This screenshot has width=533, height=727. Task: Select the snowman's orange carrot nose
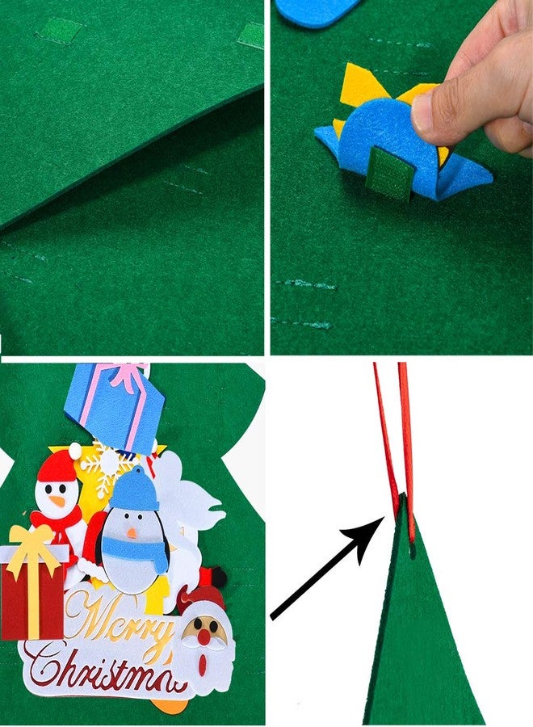[57, 501]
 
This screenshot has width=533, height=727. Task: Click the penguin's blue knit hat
[135, 490]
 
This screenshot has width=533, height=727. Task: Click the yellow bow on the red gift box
[31, 544]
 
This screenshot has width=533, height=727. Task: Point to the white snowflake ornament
[102, 469]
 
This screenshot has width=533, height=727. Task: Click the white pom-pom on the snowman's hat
[75, 449]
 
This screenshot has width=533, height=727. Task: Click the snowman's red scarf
[56, 522]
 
